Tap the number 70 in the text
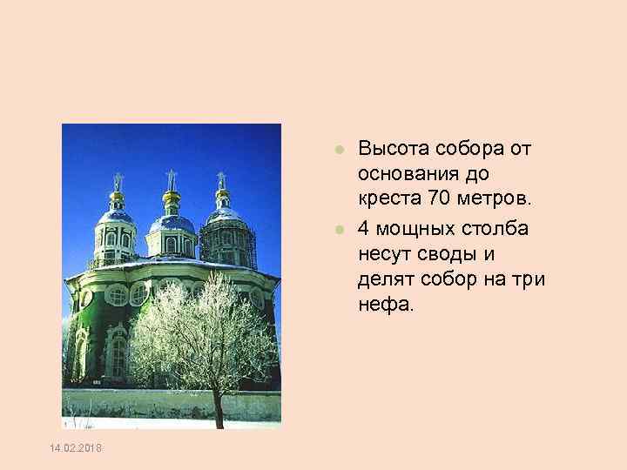[441, 199]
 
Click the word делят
[381, 279]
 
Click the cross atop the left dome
[117, 181]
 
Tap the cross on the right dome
[221, 180]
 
